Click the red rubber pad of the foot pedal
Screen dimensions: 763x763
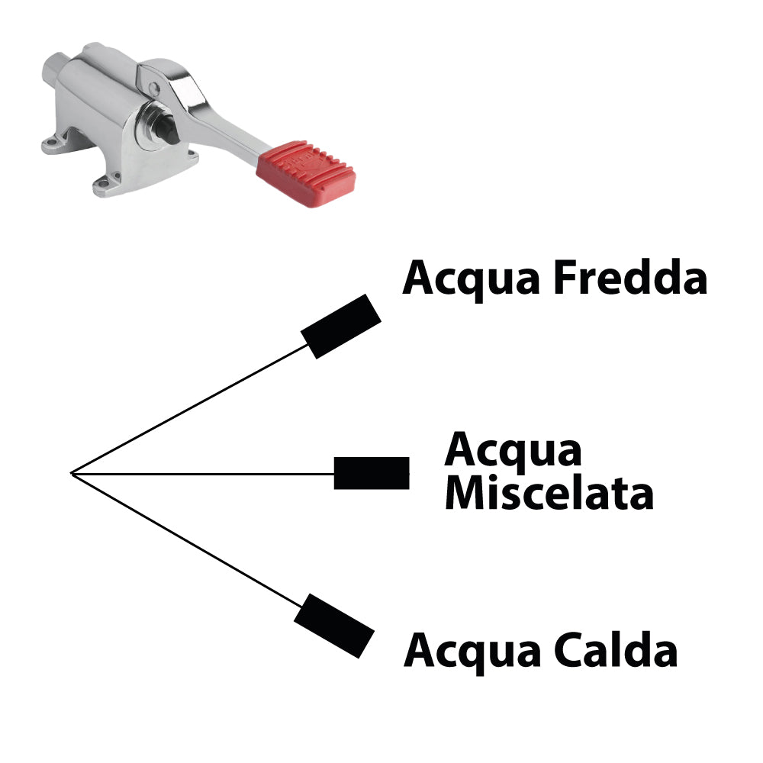pos(306,174)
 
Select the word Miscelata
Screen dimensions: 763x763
pos(549,494)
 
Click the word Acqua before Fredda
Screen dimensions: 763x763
pos(472,279)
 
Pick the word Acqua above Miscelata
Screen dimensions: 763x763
pos(513,449)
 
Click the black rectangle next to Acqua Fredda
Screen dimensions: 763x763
pos(340,326)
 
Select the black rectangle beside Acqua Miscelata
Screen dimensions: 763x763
pos(372,473)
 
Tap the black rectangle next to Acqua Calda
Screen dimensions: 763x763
pos(333,626)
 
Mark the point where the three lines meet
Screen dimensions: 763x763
pos(71,474)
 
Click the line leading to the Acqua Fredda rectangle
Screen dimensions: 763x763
pos(191,409)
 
